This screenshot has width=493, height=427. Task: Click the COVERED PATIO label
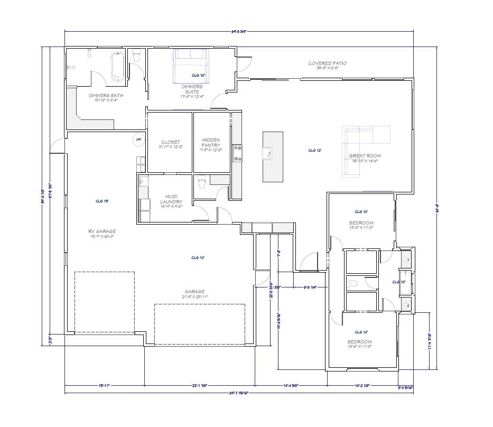click(x=327, y=63)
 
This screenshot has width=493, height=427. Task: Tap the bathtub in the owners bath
click(x=118, y=68)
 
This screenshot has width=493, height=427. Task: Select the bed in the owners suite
click(x=192, y=65)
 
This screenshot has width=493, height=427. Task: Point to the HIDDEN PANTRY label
click(x=211, y=143)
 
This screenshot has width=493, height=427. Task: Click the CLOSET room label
click(x=170, y=142)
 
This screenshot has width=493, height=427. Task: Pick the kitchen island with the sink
click(x=273, y=156)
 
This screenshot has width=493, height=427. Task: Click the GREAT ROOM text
click(x=365, y=156)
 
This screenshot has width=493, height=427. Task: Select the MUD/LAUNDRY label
click(x=171, y=200)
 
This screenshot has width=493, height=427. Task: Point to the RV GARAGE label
click(x=102, y=231)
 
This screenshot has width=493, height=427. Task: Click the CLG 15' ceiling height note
click(x=102, y=201)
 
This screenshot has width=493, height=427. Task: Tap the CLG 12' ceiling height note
click(x=315, y=150)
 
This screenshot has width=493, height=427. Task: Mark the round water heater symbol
click(x=139, y=139)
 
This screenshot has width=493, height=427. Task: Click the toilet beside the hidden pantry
click(x=201, y=184)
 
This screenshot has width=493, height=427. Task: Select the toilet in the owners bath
click(x=136, y=55)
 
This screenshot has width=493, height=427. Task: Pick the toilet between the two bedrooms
click(x=354, y=284)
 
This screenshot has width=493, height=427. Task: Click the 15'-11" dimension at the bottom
click(x=104, y=386)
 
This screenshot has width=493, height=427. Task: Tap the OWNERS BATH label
click(x=106, y=96)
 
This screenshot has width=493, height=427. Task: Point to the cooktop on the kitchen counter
click(x=238, y=152)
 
